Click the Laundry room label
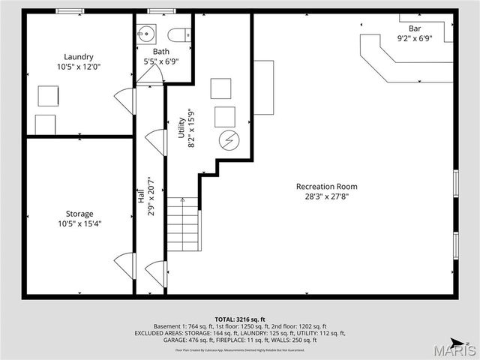(79, 57)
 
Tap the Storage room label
(79, 214)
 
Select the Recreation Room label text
(326, 187)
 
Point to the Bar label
(415, 28)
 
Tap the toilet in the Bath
(178, 34)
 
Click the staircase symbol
(183, 224)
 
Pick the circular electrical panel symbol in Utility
(226, 140)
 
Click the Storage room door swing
(124, 265)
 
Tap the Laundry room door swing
(124, 101)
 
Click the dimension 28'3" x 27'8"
(326, 196)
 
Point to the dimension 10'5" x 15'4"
(79, 223)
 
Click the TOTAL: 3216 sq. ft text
(239, 319)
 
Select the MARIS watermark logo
(457, 349)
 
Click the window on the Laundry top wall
(70, 11)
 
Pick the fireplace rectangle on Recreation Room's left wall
(263, 88)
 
